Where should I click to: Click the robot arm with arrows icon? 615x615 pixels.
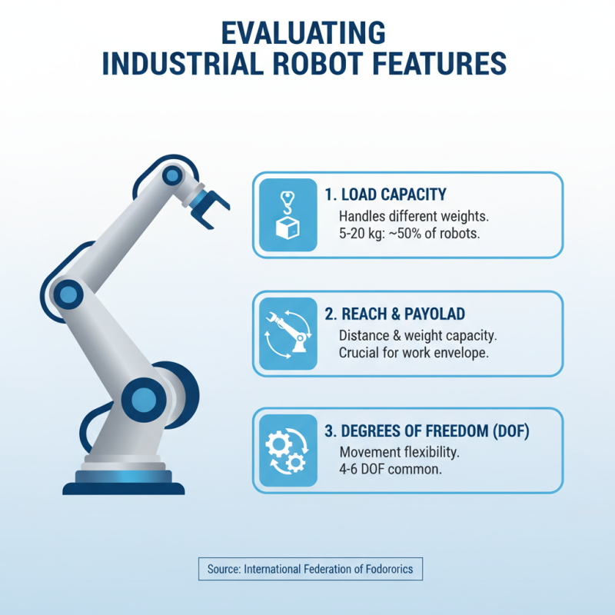[288, 333]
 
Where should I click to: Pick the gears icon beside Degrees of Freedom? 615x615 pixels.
[288, 450]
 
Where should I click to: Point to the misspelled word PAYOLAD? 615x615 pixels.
[438, 314]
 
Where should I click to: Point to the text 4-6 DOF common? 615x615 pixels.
[390, 469]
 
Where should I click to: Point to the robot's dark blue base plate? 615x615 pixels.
[123, 487]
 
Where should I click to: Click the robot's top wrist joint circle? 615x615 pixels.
[171, 176]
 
